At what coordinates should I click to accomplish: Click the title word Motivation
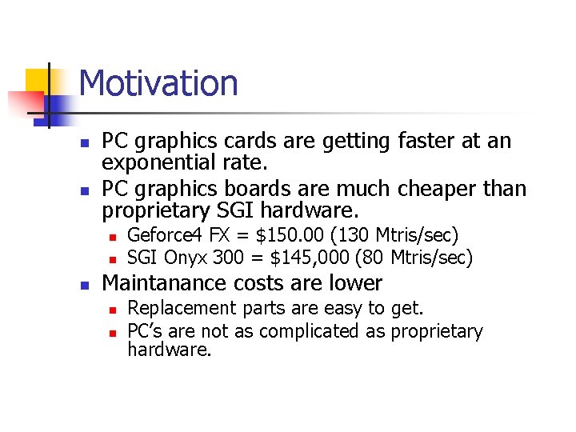158,83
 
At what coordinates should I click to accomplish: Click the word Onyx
186,258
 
